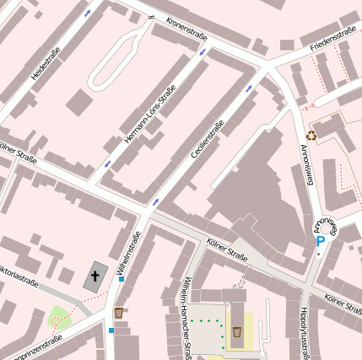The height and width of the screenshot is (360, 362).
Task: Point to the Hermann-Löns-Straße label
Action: [x=149, y=114]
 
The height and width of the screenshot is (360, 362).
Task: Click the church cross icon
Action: [x=95, y=277]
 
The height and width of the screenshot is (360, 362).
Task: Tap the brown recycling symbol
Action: [x=311, y=134]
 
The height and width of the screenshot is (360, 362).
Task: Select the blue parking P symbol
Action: [x=320, y=241]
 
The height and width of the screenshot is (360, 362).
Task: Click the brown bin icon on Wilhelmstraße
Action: [x=119, y=313]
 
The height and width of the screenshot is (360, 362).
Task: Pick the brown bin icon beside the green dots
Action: [x=237, y=331]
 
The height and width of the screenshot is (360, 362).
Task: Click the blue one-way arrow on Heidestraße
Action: [x=88, y=13]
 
